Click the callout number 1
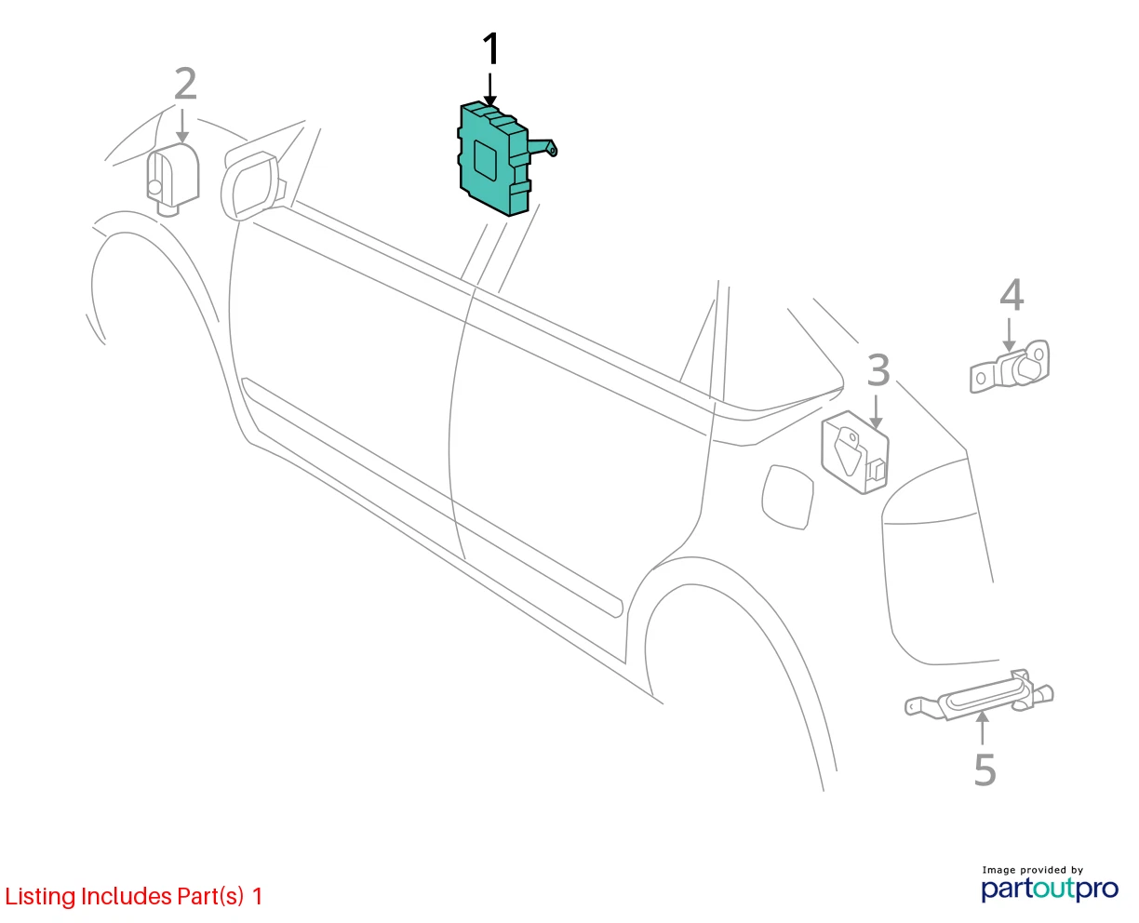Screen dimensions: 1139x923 point(490,48)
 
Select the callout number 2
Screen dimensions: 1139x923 point(185,84)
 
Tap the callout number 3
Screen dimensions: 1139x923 point(878,369)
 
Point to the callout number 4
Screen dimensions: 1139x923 point(1012,295)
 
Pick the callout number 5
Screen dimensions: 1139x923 point(985,769)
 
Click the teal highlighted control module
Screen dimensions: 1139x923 point(495,159)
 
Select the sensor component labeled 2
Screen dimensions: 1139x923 point(173,179)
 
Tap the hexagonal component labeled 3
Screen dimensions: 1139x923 point(855,452)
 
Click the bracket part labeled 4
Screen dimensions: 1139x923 point(1011,367)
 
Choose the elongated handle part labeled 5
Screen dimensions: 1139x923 point(980,695)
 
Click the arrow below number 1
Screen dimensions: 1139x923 point(489,89)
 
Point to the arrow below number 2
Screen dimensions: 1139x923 point(183,127)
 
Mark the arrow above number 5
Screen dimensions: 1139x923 point(983,728)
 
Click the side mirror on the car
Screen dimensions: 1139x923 point(251,185)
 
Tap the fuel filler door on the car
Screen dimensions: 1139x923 point(787,497)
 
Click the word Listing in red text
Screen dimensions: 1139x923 point(41,896)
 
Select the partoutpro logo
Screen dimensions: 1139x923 point(1050,890)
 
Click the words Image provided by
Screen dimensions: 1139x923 point(1033,870)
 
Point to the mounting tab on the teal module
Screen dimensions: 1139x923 point(543,147)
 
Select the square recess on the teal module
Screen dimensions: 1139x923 point(486,160)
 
